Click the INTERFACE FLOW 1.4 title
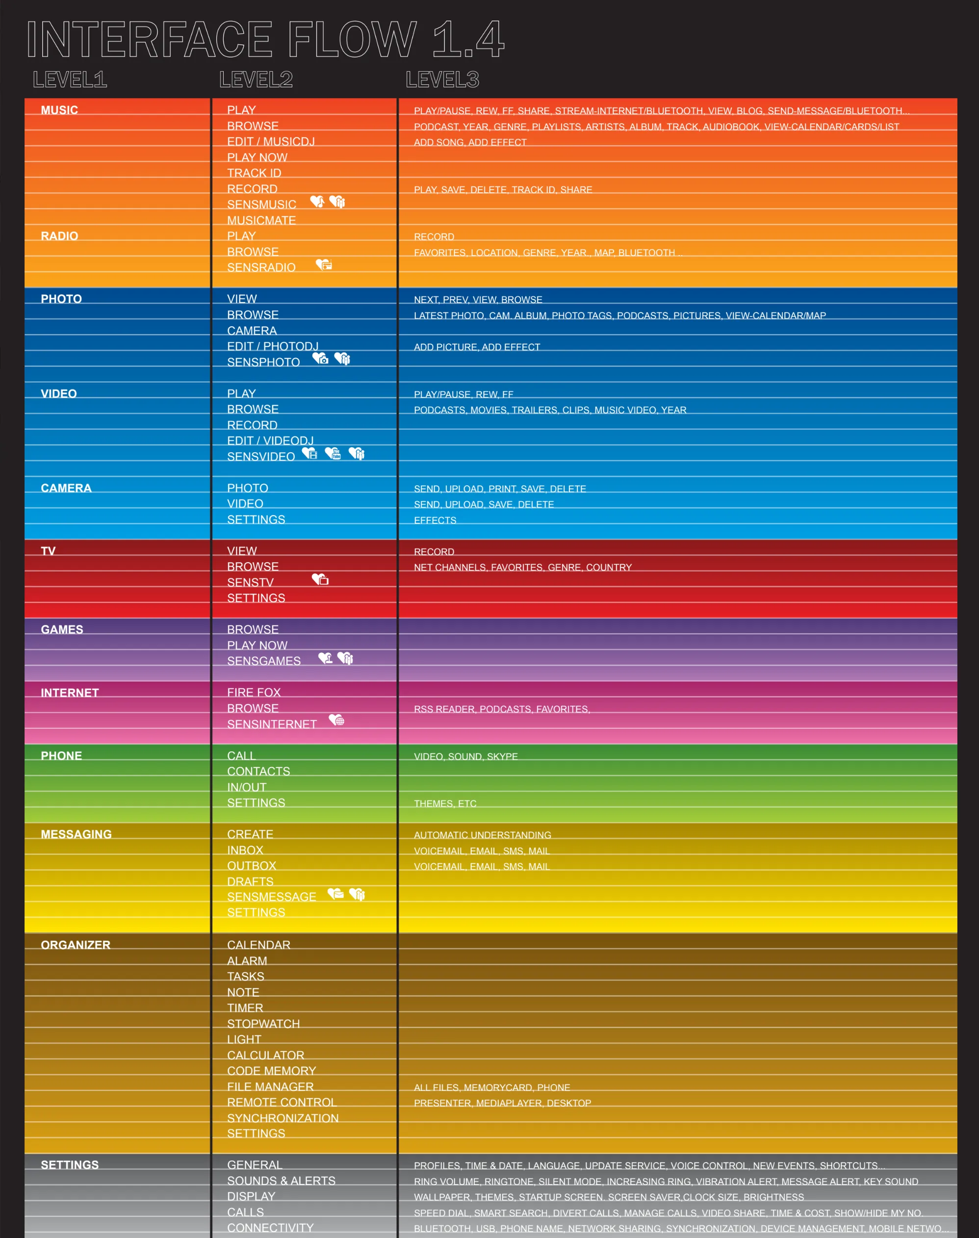click(265, 39)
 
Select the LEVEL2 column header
click(256, 79)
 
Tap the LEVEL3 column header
click(442, 79)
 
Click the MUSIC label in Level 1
click(59, 109)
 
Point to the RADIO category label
click(59, 235)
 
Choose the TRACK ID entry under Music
click(254, 173)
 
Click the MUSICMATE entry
click(261, 220)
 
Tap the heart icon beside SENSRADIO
click(324, 264)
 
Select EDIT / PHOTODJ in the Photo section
click(272, 346)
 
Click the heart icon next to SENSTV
click(320, 579)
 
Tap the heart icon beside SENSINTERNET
click(336, 720)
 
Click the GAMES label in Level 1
click(62, 629)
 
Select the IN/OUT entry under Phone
click(247, 787)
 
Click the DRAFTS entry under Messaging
click(250, 881)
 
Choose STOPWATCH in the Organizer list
click(263, 1024)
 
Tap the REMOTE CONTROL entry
click(282, 1102)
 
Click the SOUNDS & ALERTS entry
click(281, 1181)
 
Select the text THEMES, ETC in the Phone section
click(445, 803)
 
